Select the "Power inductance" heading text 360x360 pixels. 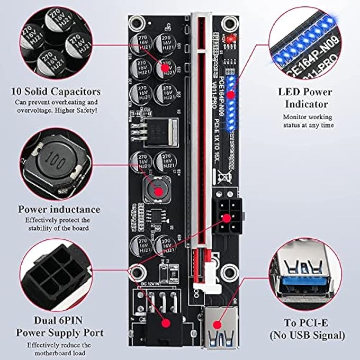click(x=59, y=209)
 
